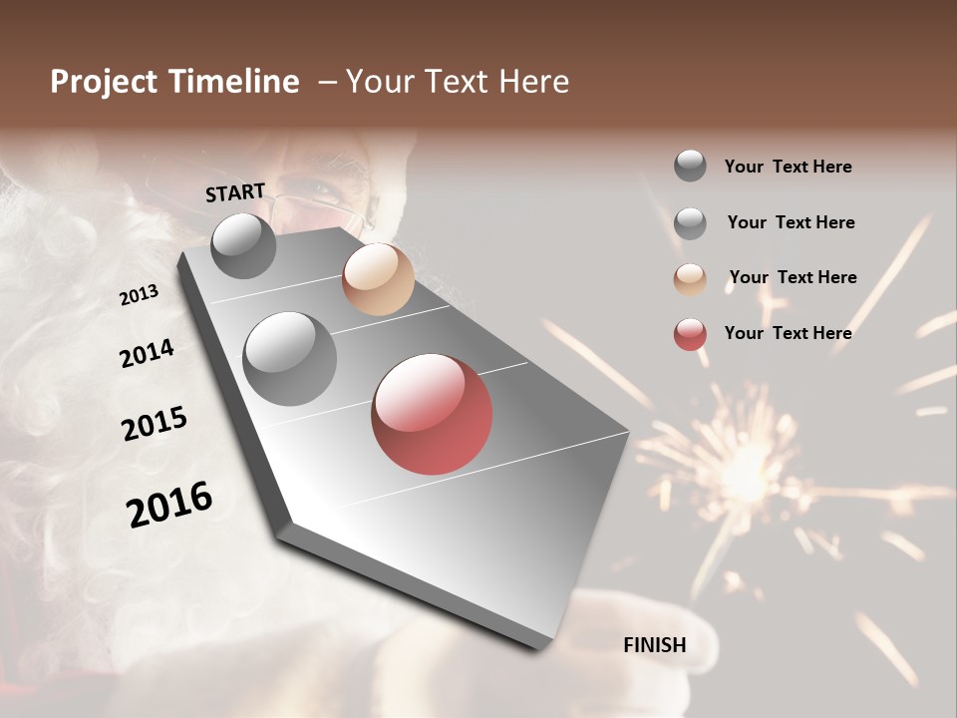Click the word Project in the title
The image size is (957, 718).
click(x=104, y=82)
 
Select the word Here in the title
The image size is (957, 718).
click(x=531, y=82)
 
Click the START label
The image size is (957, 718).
click(x=235, y=192)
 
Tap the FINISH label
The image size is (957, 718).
click(x=655, y=645)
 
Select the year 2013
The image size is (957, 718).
click(x=140, y=295)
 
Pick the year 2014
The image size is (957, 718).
click(x=148, y=354)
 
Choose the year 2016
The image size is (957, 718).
click(x=169, y=505)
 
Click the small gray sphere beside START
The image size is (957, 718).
click(x=243, y=245)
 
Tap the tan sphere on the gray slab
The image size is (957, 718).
click(x=378, y=279)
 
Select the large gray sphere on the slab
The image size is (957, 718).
click(x=289, y=359)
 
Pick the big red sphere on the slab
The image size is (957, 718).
click(x=432, y=414)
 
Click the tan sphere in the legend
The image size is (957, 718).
click(x=690, y=279)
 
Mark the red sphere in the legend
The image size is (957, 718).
click(x=690, y=334)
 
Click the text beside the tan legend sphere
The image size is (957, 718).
click(x=793, y=277)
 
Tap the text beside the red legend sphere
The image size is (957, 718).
click(x=788, y=333)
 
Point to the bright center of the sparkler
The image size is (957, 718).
click(x=743, y=469)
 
